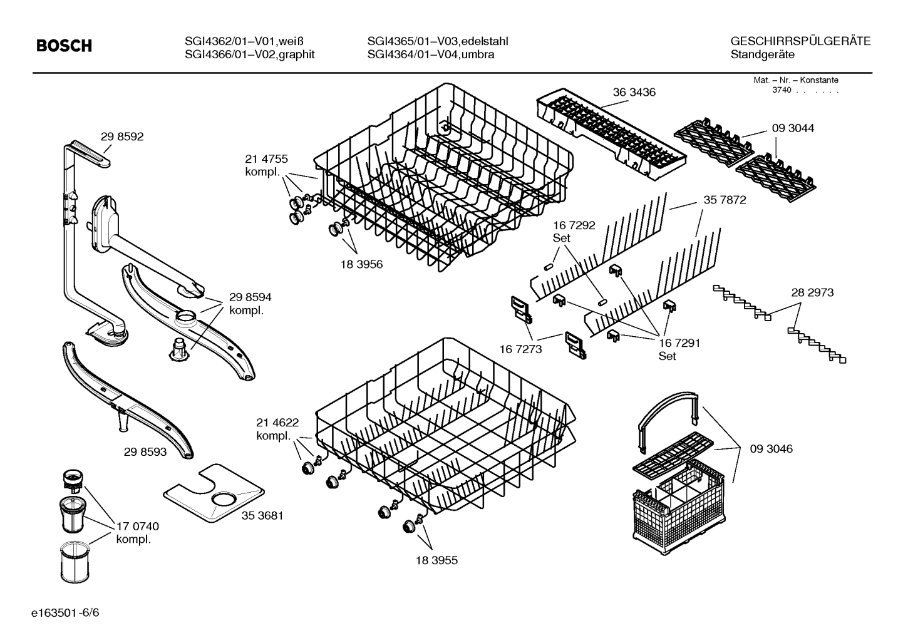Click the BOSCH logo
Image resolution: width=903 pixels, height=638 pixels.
coord(64,46)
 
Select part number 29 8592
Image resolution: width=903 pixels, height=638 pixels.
coord(122,136)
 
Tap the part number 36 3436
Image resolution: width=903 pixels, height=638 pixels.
coord(634,92)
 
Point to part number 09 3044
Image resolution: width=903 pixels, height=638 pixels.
coord(793,128)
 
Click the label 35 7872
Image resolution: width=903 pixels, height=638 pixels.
coord(725,200)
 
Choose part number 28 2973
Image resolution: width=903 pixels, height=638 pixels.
coord(812,292)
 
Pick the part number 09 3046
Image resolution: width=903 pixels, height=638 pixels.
coord(771,448)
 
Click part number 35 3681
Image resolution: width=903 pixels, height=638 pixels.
coord(262,515)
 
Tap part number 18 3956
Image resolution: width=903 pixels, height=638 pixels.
coord(361,264)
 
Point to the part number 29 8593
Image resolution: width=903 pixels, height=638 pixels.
coord(145,451)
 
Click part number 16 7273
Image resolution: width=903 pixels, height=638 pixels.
coord(520,349)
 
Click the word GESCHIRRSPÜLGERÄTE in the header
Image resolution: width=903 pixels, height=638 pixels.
coord(800,41)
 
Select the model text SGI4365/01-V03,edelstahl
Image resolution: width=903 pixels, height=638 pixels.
coord(437,41)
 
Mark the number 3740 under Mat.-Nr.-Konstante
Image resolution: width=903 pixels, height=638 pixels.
coord(782,90)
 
